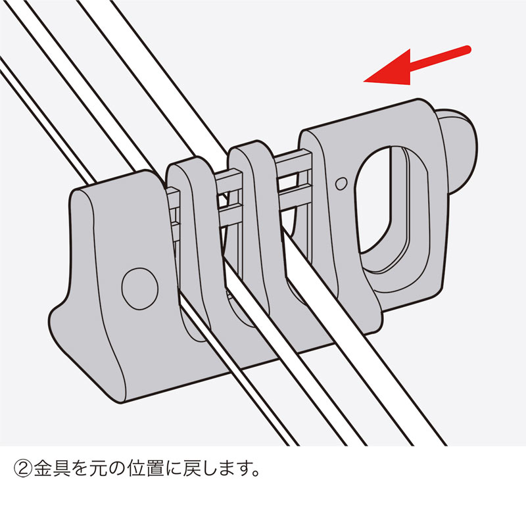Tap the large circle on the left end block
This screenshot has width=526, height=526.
[139, 287]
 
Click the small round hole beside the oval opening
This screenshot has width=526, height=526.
[340, 183]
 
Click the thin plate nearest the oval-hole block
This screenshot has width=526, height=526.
[260, 197]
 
